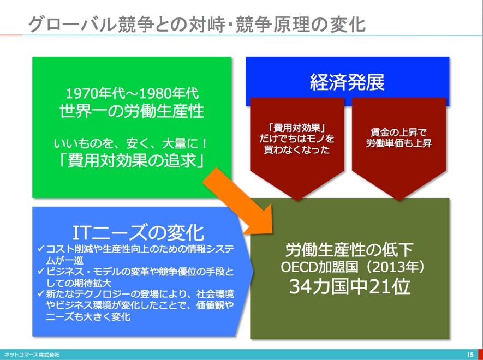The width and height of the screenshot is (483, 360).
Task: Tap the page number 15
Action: (x=470, y=355)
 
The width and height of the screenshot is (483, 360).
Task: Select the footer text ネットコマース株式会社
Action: (x=32, y=355)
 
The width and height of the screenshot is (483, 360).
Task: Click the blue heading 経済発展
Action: (x=347, y=82)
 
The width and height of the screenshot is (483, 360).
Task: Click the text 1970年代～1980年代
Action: (x=132, y=94)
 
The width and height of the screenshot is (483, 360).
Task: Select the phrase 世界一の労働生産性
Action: (x=132, y=111)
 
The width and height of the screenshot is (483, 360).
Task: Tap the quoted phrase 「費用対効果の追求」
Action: (x=132, y=160)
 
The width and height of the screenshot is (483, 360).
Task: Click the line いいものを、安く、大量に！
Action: (x=132, y=143)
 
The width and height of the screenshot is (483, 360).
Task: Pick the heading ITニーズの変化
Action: (x=138, y=232)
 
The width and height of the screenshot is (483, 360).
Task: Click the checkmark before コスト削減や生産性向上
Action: (x=41, y=248)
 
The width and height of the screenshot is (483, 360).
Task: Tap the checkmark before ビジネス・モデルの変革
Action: (x=41, y=271)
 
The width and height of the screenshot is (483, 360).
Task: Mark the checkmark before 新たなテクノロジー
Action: (x=41, y=293)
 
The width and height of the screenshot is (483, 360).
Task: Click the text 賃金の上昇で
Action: (x=398, y=133)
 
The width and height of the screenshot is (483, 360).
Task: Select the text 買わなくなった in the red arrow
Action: (x=297, y=149)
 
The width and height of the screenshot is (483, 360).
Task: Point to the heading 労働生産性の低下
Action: (x=349, y=250)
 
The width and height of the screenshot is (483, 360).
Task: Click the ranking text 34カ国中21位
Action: (x=350, y=287)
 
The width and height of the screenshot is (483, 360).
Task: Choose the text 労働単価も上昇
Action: (x=398, y=143)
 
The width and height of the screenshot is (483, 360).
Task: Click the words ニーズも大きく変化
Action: (x=88, y=316)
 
